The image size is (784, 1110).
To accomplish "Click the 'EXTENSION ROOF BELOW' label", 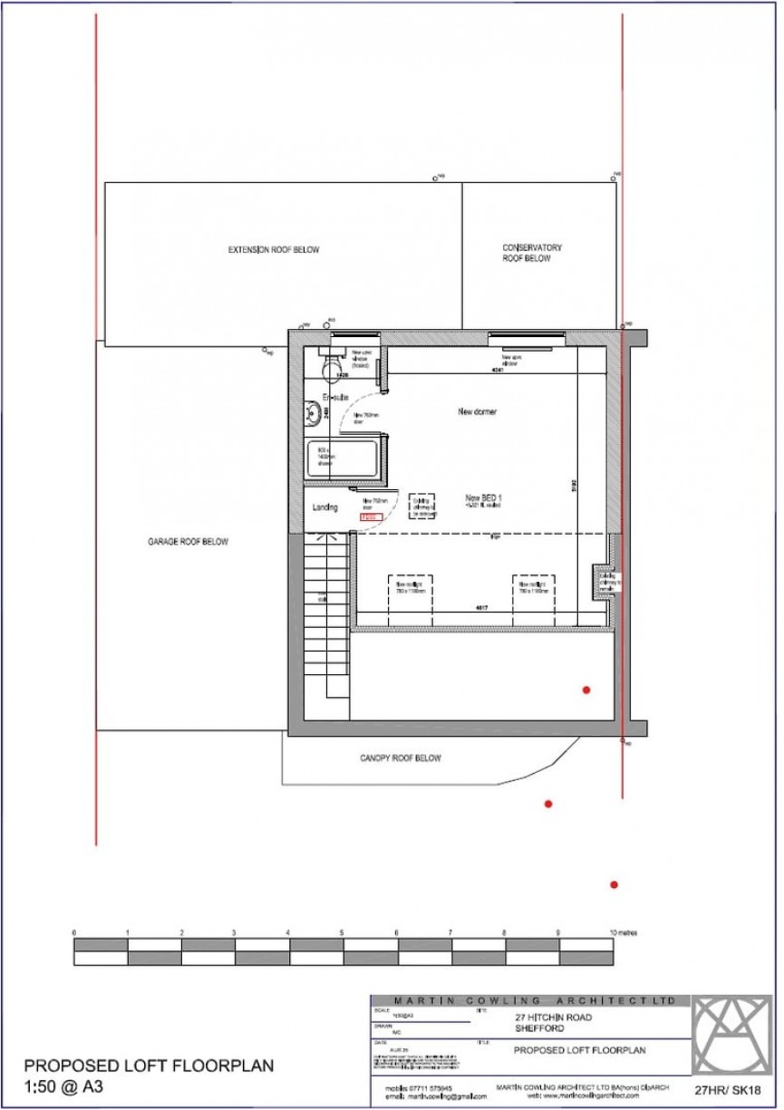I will [x=273, y=250].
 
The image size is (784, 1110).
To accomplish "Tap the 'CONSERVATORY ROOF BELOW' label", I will [x=532, y=253].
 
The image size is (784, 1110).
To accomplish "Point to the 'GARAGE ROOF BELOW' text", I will [x=188, y=542].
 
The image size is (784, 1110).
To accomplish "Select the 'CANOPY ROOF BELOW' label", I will [x=400, y=758].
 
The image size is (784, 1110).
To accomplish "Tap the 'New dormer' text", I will [x=477, y=411].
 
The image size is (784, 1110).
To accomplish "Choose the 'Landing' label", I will [x=324, y=507].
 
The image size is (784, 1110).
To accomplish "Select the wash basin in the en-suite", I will [x=311, y=410].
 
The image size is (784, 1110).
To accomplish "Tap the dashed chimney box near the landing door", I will [x=422, y=506].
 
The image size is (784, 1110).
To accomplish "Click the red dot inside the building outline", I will [x=586, y=690].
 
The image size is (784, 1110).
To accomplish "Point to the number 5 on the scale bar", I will [x=342, y=932].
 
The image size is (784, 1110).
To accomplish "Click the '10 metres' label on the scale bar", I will [x=623, y=932].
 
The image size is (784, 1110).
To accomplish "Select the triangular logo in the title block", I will [x=732, y=1034].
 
